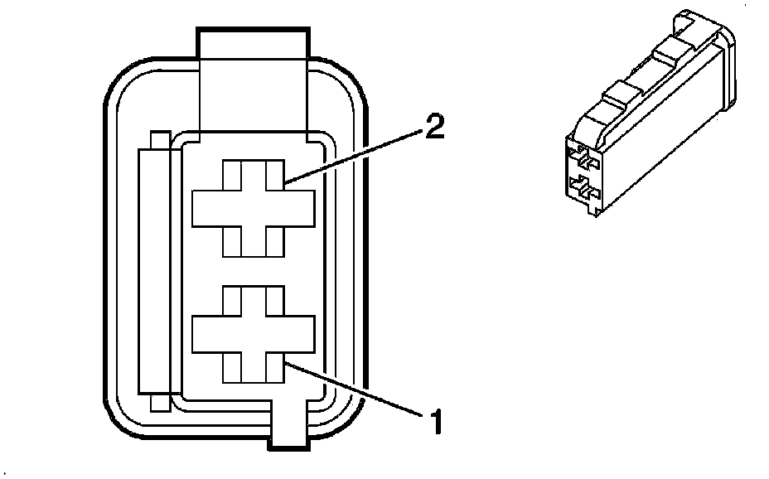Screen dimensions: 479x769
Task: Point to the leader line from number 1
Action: click(356, 389)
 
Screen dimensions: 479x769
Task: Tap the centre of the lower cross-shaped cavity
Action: click(254, 334)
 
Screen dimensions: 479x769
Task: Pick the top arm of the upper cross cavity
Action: click(254, 174)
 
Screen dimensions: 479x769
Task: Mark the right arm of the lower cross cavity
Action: click(300, 334)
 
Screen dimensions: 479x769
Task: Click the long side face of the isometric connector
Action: click(663, 141)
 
